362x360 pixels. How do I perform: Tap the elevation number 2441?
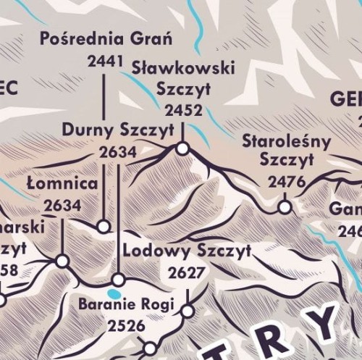105,62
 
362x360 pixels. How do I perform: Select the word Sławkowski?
184,68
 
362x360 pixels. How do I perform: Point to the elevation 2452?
183,111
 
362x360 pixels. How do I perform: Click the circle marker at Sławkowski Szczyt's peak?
182,148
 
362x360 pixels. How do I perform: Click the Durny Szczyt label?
117,130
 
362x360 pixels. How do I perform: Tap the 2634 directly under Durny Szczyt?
117,152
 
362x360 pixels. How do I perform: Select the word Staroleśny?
286,141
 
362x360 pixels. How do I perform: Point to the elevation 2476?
287,182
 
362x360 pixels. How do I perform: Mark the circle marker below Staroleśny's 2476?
285,207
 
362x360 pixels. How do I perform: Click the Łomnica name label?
62,183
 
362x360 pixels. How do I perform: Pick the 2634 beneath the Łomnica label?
62,206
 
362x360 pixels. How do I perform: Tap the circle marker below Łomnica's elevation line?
62,260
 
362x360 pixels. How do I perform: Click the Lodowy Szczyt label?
187,251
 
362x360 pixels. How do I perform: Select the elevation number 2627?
187,273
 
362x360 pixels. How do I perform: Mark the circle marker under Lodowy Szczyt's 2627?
188,311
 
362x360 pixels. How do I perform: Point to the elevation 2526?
126,327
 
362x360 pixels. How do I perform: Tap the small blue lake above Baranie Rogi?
113,293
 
